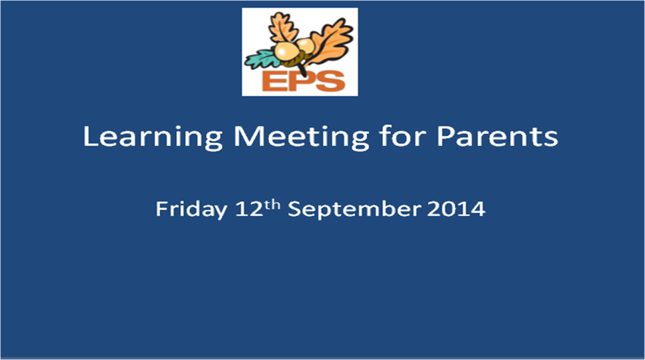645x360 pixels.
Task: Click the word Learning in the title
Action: click(152, 137)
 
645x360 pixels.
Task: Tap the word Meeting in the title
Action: click(302, 137)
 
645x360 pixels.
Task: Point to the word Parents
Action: click(497, 136)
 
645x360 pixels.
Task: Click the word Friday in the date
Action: click(191, 209)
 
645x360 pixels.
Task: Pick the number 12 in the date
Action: click(249, 209)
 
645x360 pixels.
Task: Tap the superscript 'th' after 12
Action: click(272, 205)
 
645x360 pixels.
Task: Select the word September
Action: click(354, 209)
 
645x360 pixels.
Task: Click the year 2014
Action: click(456, 209)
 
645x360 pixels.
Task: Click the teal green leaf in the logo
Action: click(262, 59)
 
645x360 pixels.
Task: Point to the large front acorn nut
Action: click(286, 51)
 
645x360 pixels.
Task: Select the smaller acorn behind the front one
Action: click(306, 45)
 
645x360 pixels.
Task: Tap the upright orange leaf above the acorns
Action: click(282, 27)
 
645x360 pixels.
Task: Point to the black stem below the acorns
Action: click(302, 69)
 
